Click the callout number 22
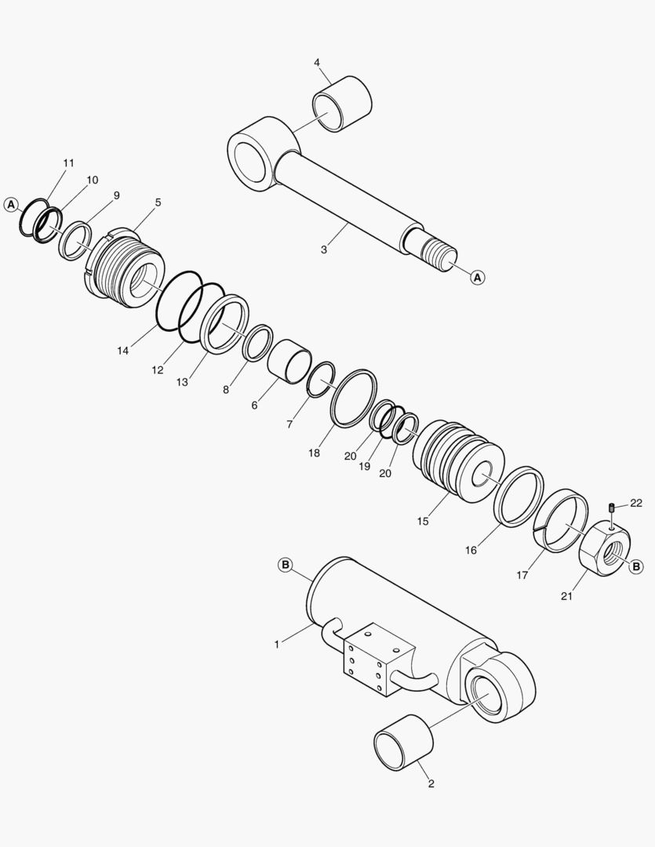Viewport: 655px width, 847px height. (x=635, y=503)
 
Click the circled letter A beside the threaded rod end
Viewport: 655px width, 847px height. (x=479, y=276)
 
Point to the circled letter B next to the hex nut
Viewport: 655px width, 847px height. (x=635, y=565)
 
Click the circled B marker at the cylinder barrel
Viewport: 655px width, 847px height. (x=286, y=565)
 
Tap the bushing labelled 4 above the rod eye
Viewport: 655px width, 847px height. (x=342, y=104)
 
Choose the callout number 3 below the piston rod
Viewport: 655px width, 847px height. (x=323, y=250)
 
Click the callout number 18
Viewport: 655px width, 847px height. (x=315, y=453)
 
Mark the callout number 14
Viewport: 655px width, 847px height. (x=123, y=351)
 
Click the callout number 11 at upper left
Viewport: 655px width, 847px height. (x=68, y=162)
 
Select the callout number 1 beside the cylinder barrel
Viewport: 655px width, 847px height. (x=277, y=644)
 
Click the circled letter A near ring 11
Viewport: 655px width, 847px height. (x=11, y=204)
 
